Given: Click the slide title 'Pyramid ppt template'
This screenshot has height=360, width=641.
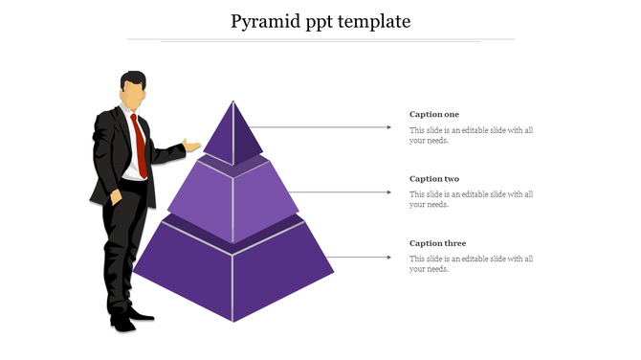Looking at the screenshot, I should [320, 20].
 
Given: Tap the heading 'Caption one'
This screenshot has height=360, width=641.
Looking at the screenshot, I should [434, 115].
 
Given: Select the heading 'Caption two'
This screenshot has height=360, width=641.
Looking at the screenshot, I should [434, 179].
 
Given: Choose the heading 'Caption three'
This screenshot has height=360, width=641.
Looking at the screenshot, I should [437, 243].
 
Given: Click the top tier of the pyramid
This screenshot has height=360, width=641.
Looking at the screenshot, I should [233, 134].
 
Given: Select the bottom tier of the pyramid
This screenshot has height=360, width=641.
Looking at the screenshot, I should [233, 273].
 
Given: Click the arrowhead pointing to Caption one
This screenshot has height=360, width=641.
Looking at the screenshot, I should [387, 126].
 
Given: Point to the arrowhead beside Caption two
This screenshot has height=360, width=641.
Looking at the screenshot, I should [387, 191].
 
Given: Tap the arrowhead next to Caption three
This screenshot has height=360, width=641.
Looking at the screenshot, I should [387, 257].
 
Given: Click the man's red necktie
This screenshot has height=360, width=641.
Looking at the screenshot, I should [140, 144].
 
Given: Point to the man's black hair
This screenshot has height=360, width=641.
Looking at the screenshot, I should [133, 78].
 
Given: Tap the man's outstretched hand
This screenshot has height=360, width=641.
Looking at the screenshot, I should [192, 146].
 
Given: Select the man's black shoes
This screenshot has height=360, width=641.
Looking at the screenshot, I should [129, 319].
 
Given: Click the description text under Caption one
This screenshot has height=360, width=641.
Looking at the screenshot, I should [471, 135].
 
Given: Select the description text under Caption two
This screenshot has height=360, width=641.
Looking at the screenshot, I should [471, 199].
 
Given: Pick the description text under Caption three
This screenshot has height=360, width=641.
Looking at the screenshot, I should [471, 263].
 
